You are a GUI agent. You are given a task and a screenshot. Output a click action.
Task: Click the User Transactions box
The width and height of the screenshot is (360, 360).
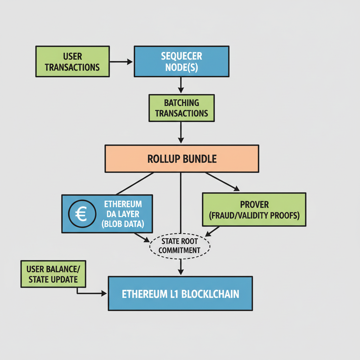coord(72,62)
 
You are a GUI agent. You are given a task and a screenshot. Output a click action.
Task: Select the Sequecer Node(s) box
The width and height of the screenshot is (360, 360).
coord(181,62)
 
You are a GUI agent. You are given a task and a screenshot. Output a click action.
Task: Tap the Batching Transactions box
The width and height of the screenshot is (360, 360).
coord(181,108)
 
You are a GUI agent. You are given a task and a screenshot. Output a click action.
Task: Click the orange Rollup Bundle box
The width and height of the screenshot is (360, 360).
coord(182,159)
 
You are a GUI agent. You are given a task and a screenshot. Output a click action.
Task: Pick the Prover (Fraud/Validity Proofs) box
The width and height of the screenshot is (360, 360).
coord(254,210)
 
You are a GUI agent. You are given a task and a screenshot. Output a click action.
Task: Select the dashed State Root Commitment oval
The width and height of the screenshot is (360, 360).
coord(180,246)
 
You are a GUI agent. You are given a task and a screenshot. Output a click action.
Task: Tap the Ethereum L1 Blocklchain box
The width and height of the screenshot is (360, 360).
coord(180,294)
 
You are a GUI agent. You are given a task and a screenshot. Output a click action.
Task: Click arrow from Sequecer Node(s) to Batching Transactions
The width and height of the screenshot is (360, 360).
coord(180,85)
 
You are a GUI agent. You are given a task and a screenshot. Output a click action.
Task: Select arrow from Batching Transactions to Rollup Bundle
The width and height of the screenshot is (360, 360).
coord(180,133)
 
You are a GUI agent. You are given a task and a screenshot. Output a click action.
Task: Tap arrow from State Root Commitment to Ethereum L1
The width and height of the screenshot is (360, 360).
coord(180,267)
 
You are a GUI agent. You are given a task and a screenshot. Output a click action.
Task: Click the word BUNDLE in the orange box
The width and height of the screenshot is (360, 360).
coord(199,159)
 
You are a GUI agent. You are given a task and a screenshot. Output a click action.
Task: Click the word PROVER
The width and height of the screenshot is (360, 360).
coord(254,204)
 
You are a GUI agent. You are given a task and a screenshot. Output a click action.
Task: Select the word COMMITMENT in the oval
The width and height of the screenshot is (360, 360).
coord(180,250)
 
